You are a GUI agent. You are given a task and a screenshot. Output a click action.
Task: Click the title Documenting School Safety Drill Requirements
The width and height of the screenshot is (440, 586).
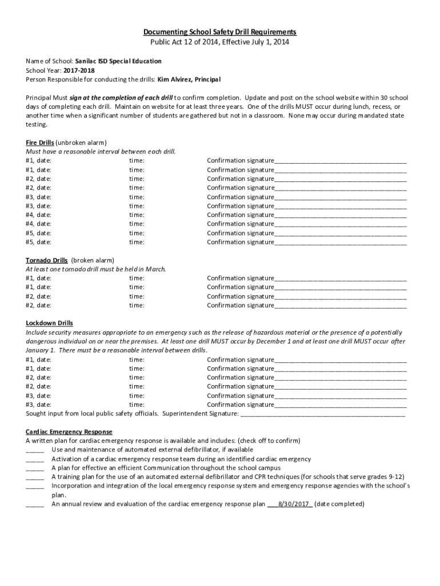click(x=219, y=33)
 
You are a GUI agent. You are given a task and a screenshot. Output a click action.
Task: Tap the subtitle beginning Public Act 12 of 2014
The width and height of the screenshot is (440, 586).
click(x=219, y=42)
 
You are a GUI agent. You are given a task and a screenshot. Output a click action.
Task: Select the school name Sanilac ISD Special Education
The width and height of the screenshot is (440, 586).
click(x=118, y=61)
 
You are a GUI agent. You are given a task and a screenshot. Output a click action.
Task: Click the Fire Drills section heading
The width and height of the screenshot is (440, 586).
click(x=40, y=142)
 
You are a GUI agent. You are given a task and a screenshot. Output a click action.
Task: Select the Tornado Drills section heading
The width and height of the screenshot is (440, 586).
click(x=47, y=260)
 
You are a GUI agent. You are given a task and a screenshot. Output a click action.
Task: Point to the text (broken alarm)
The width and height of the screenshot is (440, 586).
click(x=93, y=260)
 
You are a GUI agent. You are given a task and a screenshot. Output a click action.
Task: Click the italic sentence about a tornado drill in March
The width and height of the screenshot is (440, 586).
click(x=95, y=269)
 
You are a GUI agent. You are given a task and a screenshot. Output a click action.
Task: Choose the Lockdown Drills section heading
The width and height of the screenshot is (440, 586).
click(x=49, y=323)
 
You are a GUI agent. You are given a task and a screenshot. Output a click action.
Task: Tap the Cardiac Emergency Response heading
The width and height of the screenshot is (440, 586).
click(x=69, y=431)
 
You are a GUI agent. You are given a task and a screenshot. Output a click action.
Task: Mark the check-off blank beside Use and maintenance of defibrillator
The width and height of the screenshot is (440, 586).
click(x=35, y=450)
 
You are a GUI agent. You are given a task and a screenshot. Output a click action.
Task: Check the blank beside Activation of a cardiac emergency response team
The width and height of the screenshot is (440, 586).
click(x=35, y=459)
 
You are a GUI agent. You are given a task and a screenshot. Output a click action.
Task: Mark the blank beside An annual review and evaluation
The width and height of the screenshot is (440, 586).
click(x=35, y=504)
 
